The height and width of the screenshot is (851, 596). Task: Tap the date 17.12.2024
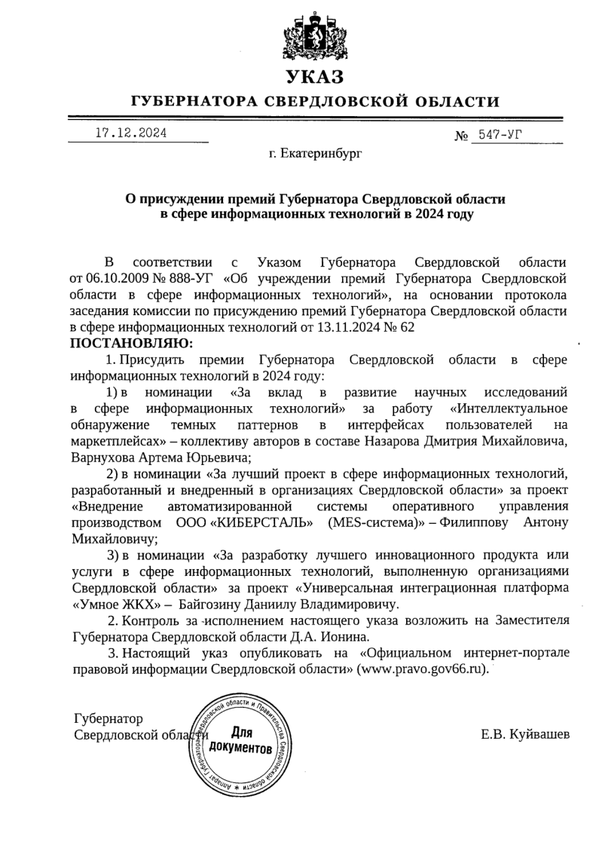(x=131, y=133)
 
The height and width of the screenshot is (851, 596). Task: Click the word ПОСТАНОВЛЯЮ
(x=131, y=343)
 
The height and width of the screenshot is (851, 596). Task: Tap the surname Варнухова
(x=105, y=457)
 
